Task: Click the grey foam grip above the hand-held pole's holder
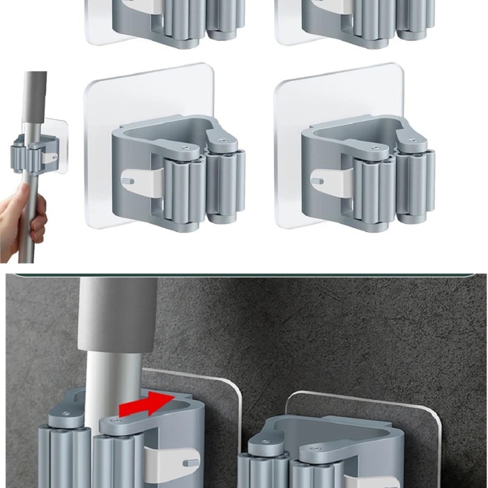[x=33, y=98]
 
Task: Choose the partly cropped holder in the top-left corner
[x=167, y=21]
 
